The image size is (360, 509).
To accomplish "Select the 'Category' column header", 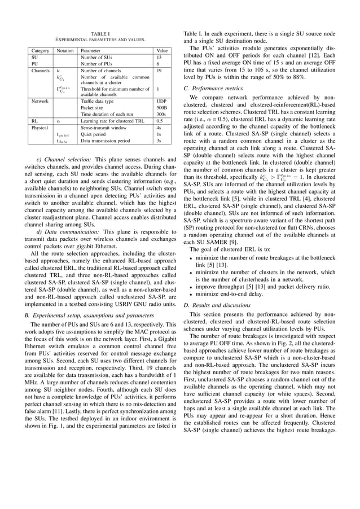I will (39, 50).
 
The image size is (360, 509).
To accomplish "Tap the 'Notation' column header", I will (64, 50).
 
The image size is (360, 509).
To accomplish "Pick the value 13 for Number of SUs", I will (159, 58).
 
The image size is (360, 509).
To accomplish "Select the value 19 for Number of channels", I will (159, 71).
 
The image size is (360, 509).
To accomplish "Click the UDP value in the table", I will (160, 101).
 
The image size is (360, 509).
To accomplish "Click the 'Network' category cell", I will (40, 101).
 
